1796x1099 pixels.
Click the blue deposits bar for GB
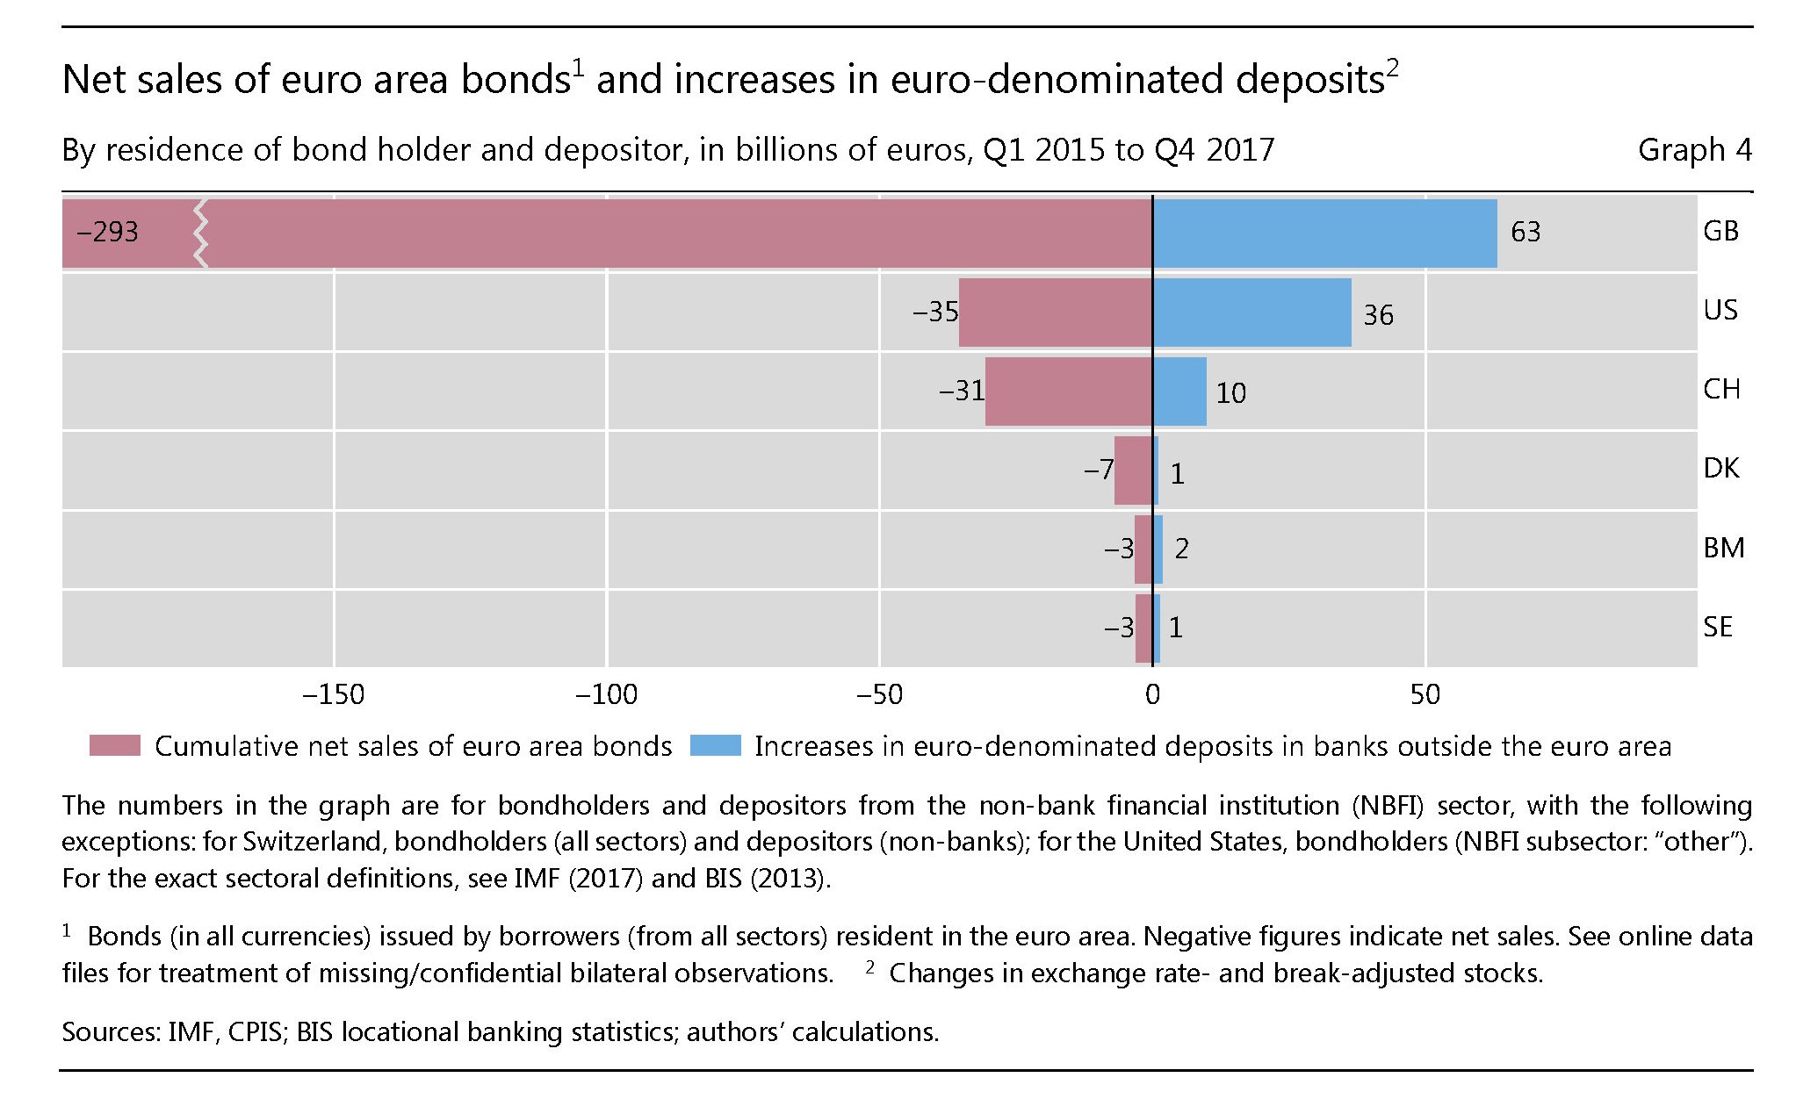1324,233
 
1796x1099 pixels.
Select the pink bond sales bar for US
1055,312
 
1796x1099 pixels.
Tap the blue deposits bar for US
1251,312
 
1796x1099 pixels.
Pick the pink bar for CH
1068,391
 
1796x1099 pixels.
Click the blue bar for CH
1179,391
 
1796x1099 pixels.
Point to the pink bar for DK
1133,470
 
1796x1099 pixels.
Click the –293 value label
107,233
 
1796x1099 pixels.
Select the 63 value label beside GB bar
1526,233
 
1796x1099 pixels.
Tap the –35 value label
935,312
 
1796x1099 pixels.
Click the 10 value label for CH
1230,393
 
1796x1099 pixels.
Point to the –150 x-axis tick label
333,695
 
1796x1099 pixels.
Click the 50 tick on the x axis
1425,695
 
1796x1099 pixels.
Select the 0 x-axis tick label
1152,695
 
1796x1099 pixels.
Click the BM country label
1723,548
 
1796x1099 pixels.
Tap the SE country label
1718,627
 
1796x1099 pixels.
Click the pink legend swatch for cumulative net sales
115,746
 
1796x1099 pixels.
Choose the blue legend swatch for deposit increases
715,746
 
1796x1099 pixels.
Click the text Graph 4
1694,150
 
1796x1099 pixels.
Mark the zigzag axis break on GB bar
201,233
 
